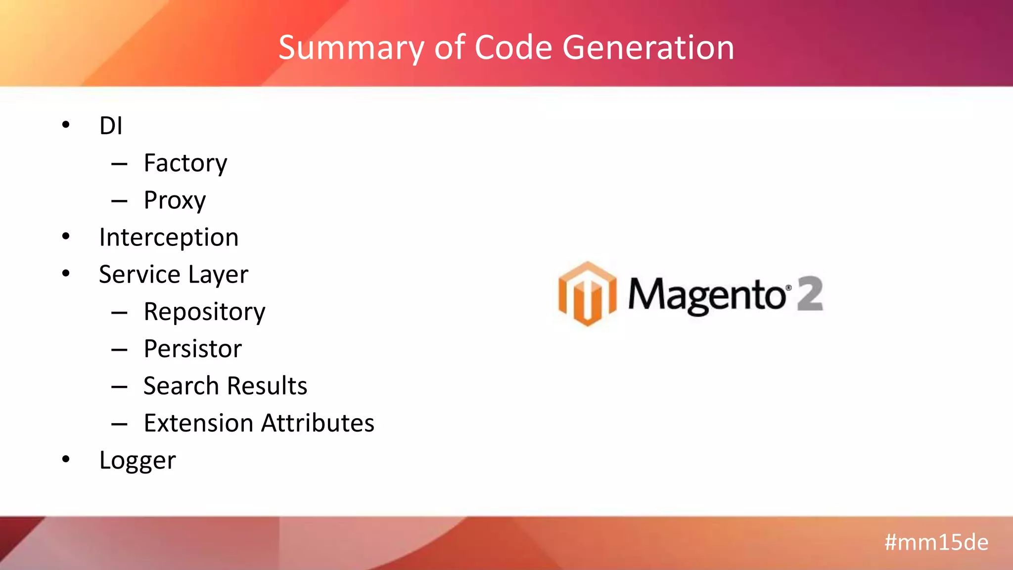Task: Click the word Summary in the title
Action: tap(351, 48)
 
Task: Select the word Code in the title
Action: tap(513, 47)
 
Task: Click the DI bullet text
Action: tap(111, 126)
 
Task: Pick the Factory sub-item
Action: tap(185, 163)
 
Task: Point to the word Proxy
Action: tap(175, 201)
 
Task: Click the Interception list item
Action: tap(169, 237)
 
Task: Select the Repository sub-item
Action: tap(204, 312)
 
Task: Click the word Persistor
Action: tap(192, 349)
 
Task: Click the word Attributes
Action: tap(318, 424)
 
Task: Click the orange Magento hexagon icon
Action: tap(587, 294)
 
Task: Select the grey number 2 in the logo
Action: tap(810, 294)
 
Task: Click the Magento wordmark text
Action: tap(706, 295)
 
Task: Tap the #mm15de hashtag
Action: tap(936, 542)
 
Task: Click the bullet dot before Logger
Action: tap(66, 460)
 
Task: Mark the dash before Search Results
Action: tap(119, 387)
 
